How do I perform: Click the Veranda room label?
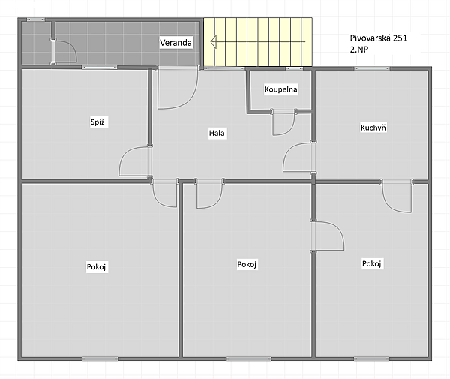(175, 43)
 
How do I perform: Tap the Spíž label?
(97, 122)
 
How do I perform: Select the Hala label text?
(217, 133)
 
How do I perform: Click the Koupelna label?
(281, 89)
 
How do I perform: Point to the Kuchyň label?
(373, 128)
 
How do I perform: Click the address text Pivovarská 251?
(379, 38)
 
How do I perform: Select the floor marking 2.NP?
(359, 50)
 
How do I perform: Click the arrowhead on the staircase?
(214, 41)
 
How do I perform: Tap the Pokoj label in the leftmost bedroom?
(97, 267)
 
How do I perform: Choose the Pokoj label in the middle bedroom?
(247, 264)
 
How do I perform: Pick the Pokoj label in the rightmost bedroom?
(372, 263)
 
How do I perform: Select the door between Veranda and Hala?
(178, 88)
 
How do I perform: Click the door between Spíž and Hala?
(135, 161)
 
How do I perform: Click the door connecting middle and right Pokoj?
(328, 236)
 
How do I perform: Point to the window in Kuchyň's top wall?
(372, 68)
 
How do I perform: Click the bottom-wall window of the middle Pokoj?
(248, 359)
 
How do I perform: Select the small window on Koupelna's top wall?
(294, 68)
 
